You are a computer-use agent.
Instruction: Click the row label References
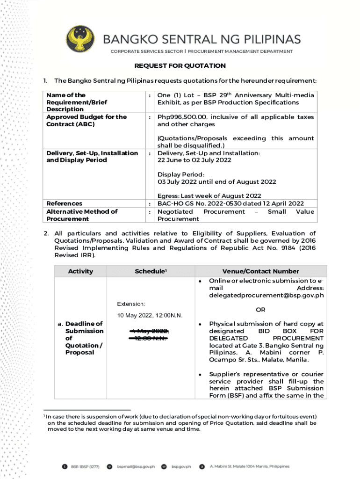pos(65,203)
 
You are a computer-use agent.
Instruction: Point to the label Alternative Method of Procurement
pos(82,215)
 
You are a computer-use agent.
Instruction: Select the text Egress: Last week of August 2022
pos(209,196)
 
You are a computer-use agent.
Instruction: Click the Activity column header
pos(80,271)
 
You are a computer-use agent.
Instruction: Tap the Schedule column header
pos(151,271)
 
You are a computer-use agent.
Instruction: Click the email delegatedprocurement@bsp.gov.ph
pos(266,296)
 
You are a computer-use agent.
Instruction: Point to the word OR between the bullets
pos(260,310)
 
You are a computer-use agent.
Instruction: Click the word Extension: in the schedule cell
pos(131,304)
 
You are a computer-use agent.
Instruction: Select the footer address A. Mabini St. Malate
pos(249,466)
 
